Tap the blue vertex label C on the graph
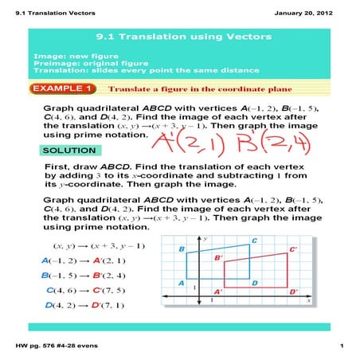[x=254, y=240]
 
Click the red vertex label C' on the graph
[x=293, y=249]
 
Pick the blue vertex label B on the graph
[x=182, y=250]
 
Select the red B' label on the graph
[x=217, y=258]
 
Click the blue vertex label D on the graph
[x=254, y=283]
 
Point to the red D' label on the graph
[x=294, y=292]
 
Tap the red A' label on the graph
[x=218, y=292]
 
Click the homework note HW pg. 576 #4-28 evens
[x=54, y=345]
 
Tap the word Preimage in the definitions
[x=51, y=63]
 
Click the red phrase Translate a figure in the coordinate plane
[x=184, y=88]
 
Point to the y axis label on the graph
[x=205, y=238]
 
